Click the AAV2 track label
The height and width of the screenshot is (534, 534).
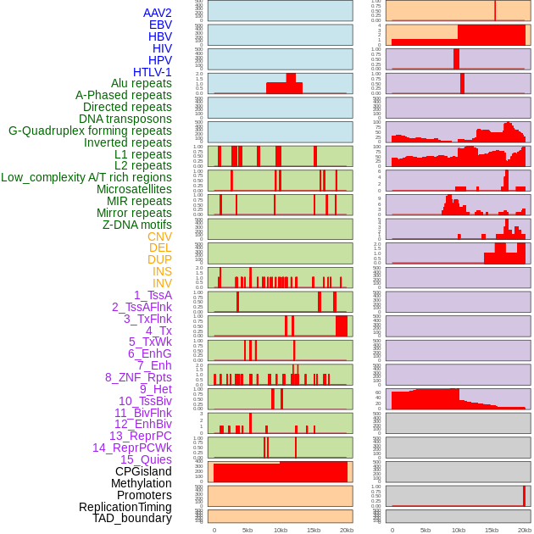coord(157,13)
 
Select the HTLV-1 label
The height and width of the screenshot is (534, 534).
coord(152,72)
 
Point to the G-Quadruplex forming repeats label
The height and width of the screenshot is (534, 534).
coord(90,131)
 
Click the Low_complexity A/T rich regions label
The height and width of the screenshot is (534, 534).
coord(86,177)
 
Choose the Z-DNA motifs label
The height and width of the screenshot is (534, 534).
coord(136,225)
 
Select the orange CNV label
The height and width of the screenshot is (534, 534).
coord(159,236)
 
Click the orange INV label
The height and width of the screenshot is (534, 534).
coord(162,283)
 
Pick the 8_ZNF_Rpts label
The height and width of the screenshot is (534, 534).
coord(138,377)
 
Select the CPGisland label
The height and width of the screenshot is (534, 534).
coord(143,471)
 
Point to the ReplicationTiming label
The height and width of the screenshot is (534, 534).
coord(125,507)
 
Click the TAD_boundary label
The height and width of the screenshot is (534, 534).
coord(132,518)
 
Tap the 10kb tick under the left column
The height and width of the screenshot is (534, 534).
coord(280,530)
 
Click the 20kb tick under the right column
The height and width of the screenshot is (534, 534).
coord(525,530)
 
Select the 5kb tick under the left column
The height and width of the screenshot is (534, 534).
coord(248,530)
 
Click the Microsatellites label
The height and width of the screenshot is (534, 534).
coord(134,189)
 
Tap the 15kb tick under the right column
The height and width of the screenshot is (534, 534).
coord(491,530)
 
